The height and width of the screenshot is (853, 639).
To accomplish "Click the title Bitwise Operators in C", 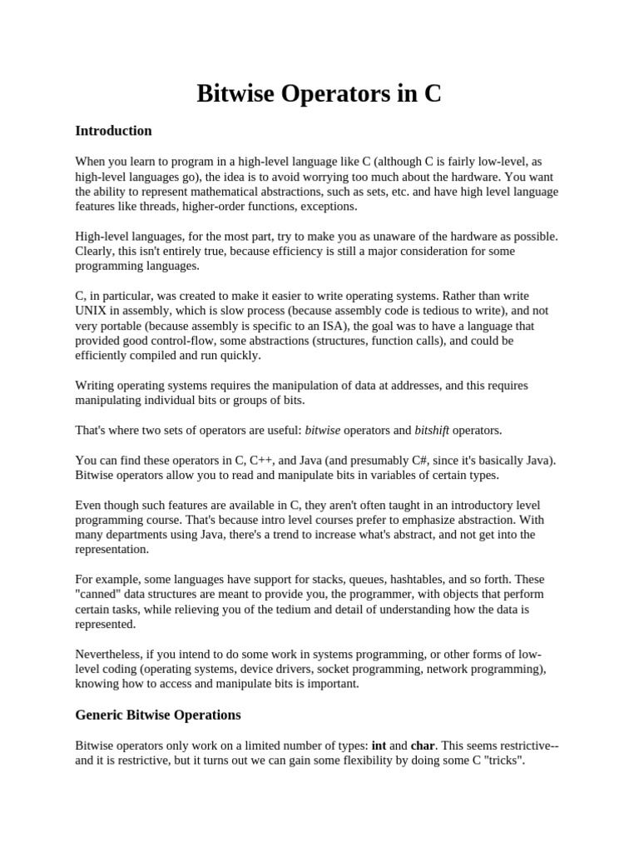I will pos(319,93).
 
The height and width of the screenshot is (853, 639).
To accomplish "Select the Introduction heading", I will pos(113,131).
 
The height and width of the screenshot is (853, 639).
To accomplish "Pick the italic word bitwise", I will pos(323,430).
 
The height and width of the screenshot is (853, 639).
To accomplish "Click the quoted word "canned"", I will pos(99,594).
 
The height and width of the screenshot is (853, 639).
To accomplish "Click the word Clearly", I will pos(95,251).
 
